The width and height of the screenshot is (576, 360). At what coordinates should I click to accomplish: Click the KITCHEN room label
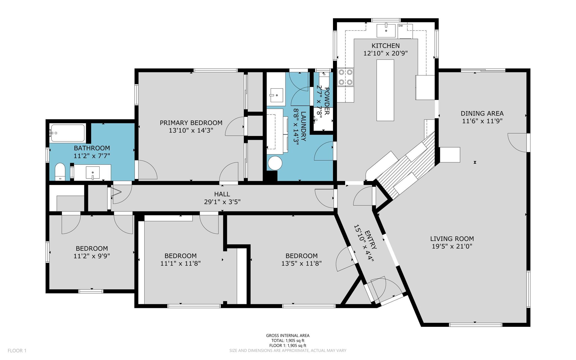click(385, 46)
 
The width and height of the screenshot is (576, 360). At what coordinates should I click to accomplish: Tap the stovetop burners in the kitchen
click(346, 77)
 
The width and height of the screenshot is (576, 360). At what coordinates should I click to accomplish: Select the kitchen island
click(385, 90)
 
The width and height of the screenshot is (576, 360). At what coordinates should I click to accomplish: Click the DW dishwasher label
click(400, 26)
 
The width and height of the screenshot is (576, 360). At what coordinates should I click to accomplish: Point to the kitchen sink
click(386, 30)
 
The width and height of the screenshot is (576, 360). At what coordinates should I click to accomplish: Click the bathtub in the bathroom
click(67, 133)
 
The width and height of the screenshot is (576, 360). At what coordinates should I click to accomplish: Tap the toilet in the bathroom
click(60, 172)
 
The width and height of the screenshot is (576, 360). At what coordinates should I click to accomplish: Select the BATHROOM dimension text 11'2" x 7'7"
click(92, 156)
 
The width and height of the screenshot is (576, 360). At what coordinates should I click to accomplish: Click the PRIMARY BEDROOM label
click(191, 123)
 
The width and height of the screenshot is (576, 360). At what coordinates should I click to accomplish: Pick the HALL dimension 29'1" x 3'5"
click(222, 202)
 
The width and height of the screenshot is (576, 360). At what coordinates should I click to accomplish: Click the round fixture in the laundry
click(275, 164)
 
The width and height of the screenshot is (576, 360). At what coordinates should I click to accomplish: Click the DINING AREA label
click(482, 113)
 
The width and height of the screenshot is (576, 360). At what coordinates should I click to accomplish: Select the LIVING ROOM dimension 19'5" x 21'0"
click(452, 246)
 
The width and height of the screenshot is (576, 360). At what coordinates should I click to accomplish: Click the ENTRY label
click(370, 240)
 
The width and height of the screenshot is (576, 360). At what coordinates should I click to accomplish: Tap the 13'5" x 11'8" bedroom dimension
click(301, 263)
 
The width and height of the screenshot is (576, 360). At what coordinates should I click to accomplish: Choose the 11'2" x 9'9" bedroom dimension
click(92, 256)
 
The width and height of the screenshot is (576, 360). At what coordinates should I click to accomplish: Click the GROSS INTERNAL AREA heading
click(288, 336)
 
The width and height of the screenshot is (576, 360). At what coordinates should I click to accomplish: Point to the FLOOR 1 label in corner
click(17, 351)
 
